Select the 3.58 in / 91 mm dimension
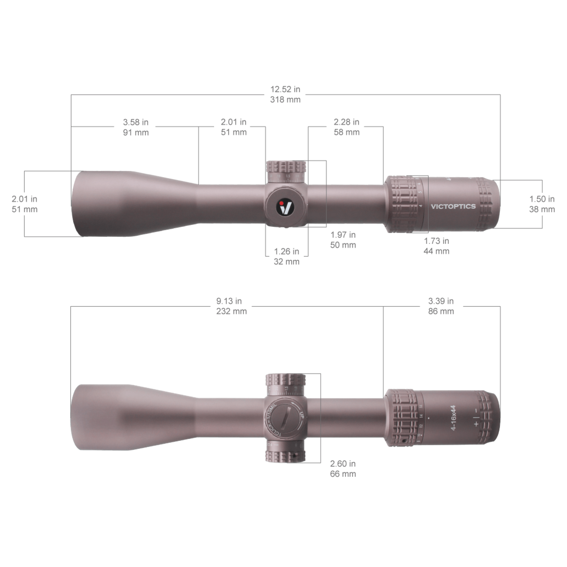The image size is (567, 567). (x=136, y=127)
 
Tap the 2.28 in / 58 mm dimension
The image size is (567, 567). (x=347, y=127)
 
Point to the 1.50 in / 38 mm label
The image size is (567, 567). (x=542, y=204)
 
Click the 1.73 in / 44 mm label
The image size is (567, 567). (x=437, y=246)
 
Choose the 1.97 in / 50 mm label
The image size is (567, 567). (x=343, y=240)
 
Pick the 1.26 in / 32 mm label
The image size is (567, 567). (x=286, y=257)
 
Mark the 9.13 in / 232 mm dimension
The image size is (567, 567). (x=231, y=306)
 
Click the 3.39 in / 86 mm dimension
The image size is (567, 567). (x=441, y=306)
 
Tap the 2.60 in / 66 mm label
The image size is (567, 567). (x=343, y=468)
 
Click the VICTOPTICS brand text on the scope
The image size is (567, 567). (x=453, y=206)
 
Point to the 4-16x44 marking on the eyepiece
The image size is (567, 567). (x=453, y=417)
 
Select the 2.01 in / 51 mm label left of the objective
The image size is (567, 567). (x=24, y=204)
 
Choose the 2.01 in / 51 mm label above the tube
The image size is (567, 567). (x=234, y=127)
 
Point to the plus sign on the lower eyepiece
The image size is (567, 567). (x=476, y=423)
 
